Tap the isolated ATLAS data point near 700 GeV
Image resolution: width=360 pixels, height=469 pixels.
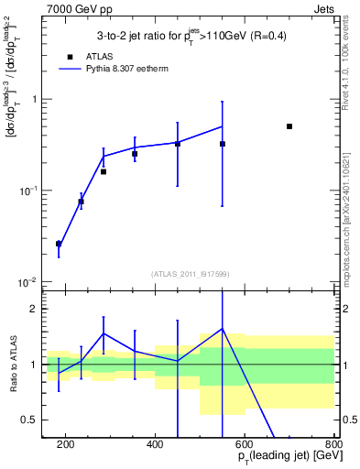(289, 126)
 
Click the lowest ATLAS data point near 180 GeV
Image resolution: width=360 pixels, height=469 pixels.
(59, 244)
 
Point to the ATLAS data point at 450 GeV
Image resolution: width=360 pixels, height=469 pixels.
(178, 144)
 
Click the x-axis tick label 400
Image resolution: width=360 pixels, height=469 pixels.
(155, 445)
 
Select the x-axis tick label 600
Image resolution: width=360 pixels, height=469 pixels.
(245, 445)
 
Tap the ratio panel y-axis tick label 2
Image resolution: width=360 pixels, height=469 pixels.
(34, 310)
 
